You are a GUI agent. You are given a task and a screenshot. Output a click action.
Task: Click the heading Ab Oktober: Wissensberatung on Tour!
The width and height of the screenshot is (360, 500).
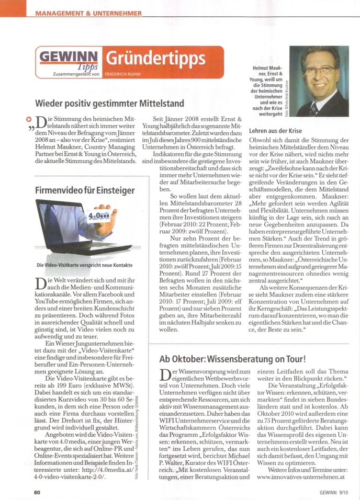240,359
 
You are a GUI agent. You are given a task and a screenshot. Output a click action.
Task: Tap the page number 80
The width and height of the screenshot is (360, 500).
37,492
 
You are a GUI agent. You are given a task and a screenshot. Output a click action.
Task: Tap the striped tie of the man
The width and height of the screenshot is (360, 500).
313,108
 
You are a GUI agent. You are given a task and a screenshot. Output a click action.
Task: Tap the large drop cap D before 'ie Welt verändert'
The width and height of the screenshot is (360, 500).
41,285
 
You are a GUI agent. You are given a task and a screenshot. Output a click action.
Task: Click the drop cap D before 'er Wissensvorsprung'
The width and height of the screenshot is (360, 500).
164,375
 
